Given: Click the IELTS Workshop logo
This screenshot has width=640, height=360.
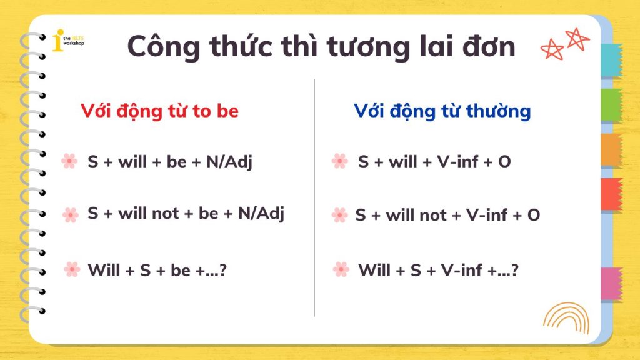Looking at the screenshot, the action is [x=67, y=41].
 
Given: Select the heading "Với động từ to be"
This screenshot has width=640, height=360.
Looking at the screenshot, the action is [x=159, y=111].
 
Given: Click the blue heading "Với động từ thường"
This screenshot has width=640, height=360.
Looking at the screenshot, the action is [x=442, y=111].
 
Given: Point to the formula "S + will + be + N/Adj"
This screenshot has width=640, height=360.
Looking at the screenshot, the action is [x=170, y=162].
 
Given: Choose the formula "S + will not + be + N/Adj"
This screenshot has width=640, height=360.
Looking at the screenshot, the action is [x=186, y=214].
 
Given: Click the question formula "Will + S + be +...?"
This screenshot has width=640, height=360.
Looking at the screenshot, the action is [x=157, y=270].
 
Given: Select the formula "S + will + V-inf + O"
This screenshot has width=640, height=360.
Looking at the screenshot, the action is [x=434, y=162].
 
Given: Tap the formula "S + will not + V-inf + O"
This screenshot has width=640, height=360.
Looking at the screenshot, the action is [x=447, y=215].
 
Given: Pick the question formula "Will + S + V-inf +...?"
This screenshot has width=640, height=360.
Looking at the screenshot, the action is [x=438, y=270].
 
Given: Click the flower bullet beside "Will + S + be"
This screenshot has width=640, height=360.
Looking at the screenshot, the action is [x=72, y=269].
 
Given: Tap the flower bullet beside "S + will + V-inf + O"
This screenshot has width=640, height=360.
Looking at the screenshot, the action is [x=339, y=161].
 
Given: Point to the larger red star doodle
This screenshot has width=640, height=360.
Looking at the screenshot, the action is [x=577, y=39].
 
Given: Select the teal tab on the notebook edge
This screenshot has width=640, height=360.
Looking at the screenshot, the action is [x=611, y=60].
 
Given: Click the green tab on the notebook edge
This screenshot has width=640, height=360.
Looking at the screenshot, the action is [x=611, y=105].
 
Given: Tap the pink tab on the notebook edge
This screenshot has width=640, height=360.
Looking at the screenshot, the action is [x=611, y=284].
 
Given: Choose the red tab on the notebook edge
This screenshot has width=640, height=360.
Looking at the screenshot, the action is [x=611, y=194].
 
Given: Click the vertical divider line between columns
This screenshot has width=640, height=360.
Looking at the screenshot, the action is [x=314, y=197].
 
